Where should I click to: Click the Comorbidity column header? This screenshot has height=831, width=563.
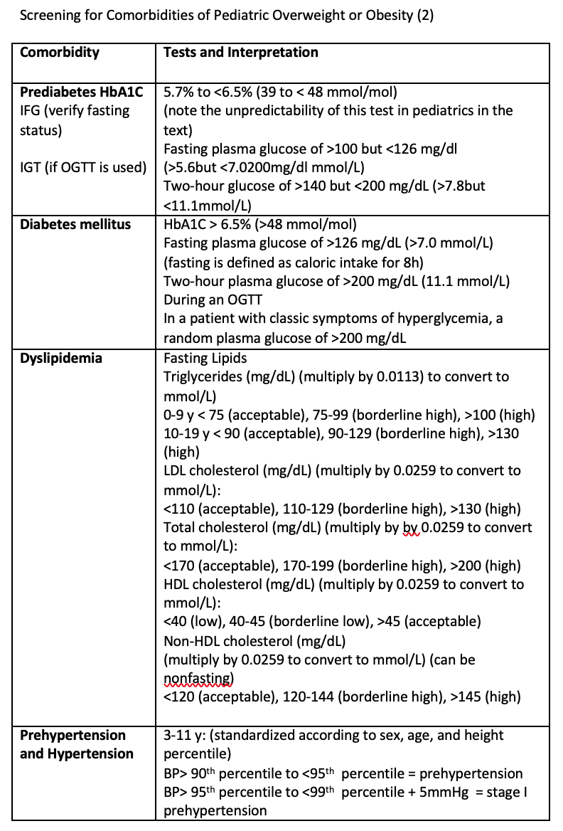click(60, 53)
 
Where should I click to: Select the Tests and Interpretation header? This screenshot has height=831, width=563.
click(241, 53)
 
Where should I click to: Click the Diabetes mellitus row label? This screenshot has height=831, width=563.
click(75, 225)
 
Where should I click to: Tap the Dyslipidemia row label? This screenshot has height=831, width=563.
click(61, 359)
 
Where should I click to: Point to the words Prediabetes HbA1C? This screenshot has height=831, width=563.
click(82, 92)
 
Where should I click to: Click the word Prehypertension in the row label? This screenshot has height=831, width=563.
click(73, 736)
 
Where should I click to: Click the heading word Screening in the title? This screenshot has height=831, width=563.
click(48, 16)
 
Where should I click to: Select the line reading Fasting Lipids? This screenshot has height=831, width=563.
click(205, 359)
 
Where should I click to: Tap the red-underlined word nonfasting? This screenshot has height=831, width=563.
click(199, 678)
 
